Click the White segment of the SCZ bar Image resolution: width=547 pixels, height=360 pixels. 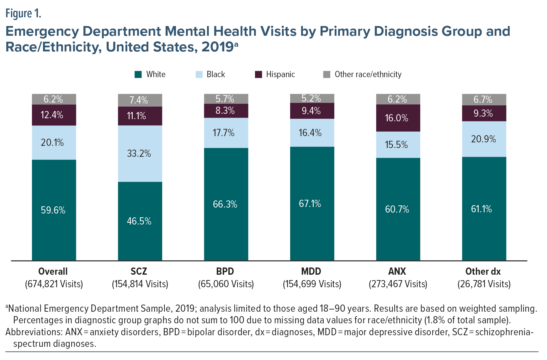(x=140, y=221)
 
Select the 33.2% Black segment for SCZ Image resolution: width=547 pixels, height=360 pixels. (x=140, y=153)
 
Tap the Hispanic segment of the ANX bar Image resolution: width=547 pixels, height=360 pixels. (x=398, y=118)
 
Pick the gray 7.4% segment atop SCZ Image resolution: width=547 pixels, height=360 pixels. (x=140, y=100)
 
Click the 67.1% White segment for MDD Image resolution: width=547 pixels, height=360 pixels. (x=312, y=204)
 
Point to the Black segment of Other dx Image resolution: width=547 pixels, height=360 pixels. (x=484, y=139)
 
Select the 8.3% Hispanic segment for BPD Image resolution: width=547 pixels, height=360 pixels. (x=226, y=111)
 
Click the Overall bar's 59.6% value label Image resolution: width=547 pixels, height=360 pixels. (x=53, y=210)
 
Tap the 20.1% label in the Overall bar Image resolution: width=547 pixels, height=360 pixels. (x=52, y=143)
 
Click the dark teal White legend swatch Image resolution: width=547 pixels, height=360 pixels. (x=138, y=75)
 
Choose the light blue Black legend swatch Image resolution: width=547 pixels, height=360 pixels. (x=199, y=75)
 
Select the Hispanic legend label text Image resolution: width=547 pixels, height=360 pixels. (x=280, y=75)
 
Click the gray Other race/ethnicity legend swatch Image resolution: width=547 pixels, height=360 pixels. (x=327, y=75)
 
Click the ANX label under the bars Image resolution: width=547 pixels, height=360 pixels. (x=397, y=271)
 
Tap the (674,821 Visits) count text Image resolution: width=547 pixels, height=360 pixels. (x=54, y=284)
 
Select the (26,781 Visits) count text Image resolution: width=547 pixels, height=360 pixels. (x=484, y=284)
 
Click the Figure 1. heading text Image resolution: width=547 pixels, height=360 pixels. (x=23, y=13)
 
